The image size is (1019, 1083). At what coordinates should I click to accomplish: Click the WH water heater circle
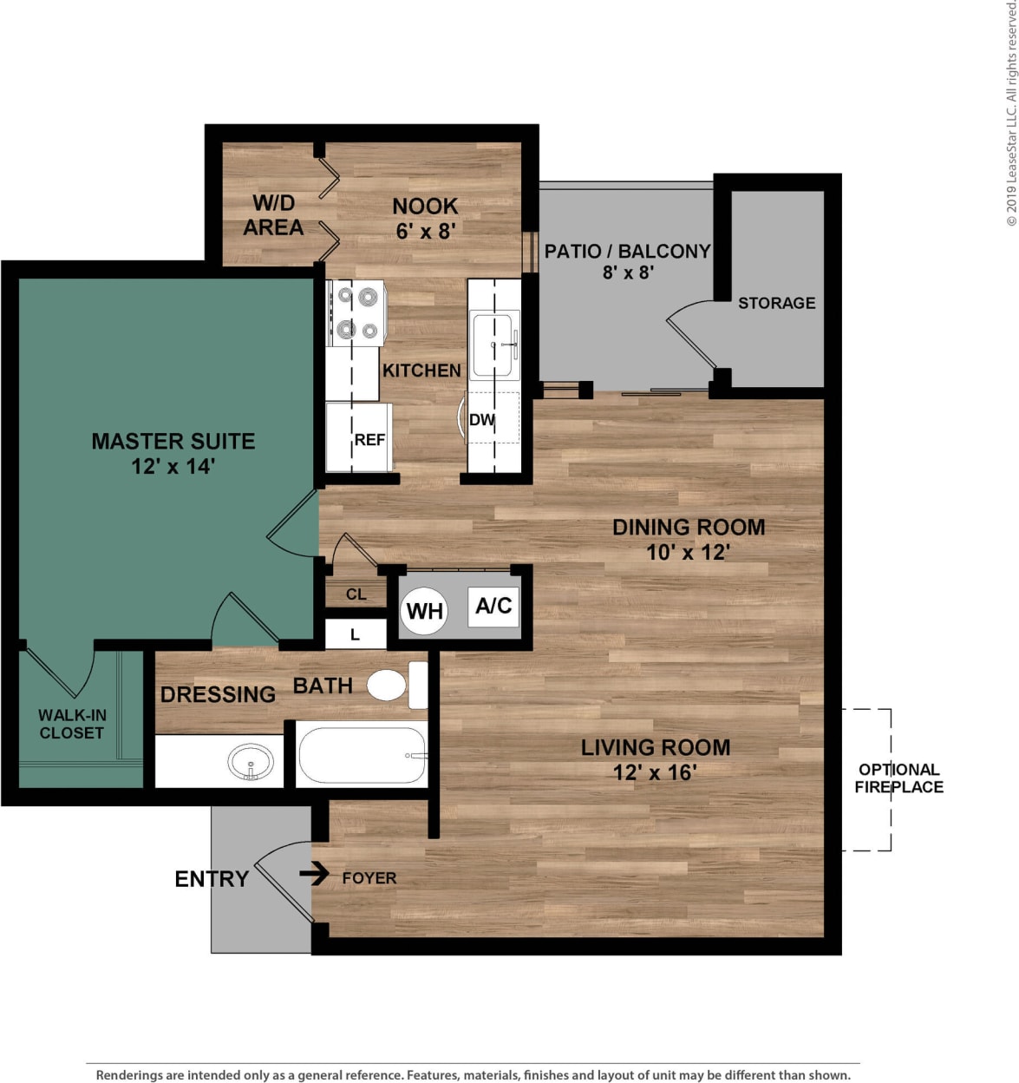[424, 611]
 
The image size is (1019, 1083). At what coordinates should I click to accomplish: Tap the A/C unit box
[493, 606]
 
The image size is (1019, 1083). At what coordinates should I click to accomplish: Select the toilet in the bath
[388, 685]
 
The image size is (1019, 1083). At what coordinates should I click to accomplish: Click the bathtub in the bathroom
[362, 755]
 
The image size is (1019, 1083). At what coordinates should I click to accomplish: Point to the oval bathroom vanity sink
[251, 763]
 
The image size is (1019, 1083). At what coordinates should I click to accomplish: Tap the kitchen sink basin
[492, 345]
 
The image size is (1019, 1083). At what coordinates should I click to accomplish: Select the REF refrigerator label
[369, 440]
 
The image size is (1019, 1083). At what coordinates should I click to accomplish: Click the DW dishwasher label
[481, 420]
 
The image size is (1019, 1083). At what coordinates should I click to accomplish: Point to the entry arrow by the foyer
[314, 872]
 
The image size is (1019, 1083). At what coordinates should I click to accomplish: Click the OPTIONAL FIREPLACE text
[898, 778]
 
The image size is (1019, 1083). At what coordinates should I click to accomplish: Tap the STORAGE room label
[776, 303]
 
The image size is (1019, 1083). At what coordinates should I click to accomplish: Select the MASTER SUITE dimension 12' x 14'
[173, 467]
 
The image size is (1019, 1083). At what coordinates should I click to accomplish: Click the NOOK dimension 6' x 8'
[425, 232]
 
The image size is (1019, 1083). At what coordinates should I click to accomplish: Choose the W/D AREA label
[273, 215]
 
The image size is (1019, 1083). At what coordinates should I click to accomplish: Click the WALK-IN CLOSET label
[72, 724]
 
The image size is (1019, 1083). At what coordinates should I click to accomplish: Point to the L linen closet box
[355, 634]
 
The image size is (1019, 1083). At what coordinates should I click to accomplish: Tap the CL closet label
[356, 594]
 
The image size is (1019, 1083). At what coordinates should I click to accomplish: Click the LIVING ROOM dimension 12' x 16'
[655, 772]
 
